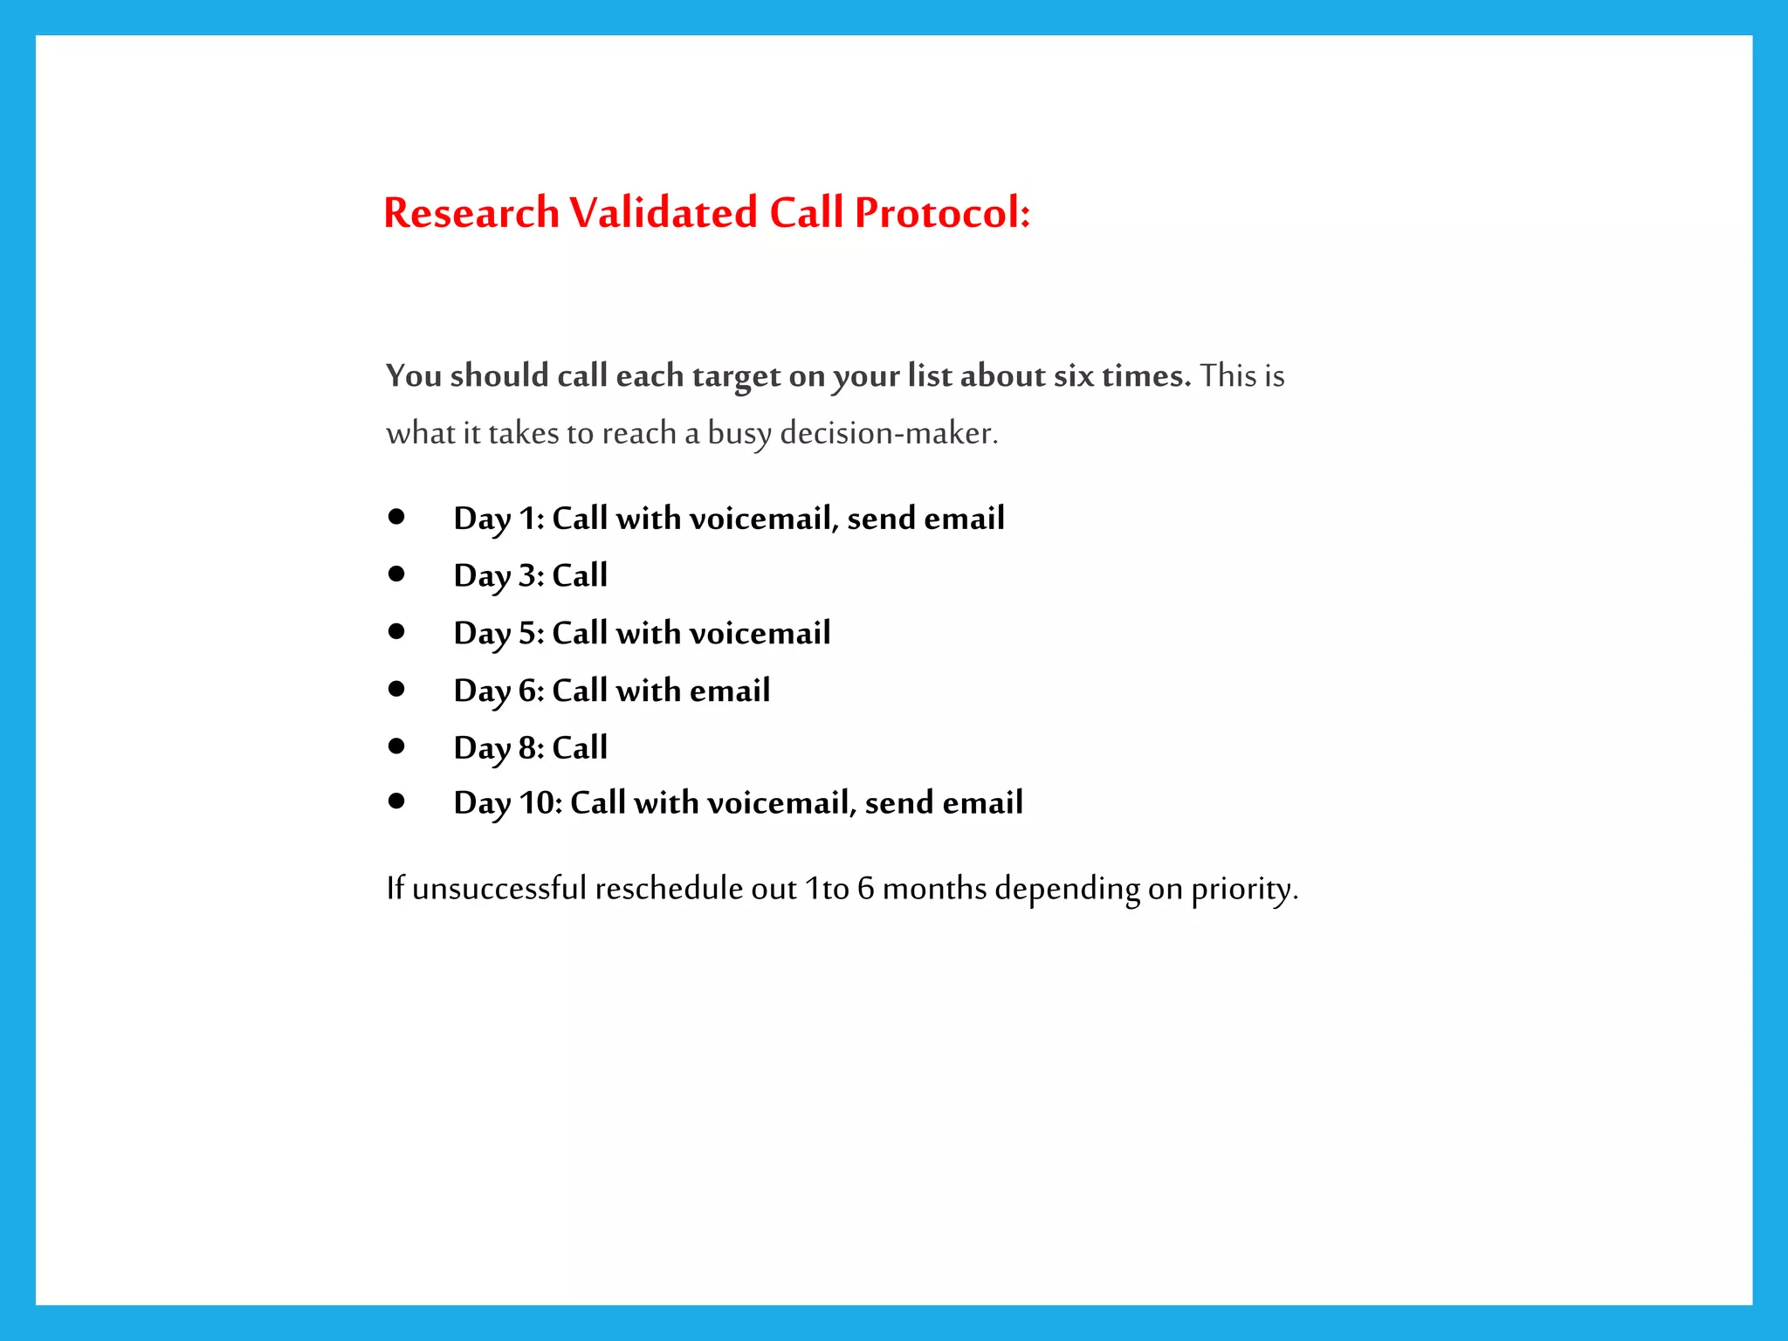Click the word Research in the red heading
(x=471, y=213)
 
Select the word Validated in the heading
(x=664, y=213)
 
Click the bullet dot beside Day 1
(x=397, y=517)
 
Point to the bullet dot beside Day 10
(x=397, y=801)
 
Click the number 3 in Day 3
(x=527, y=576)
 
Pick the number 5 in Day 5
(x=527, y=634)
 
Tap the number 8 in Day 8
(x=527, y=748)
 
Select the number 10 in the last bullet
(x=538, y=803)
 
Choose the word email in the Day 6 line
(x=730, y=691)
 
